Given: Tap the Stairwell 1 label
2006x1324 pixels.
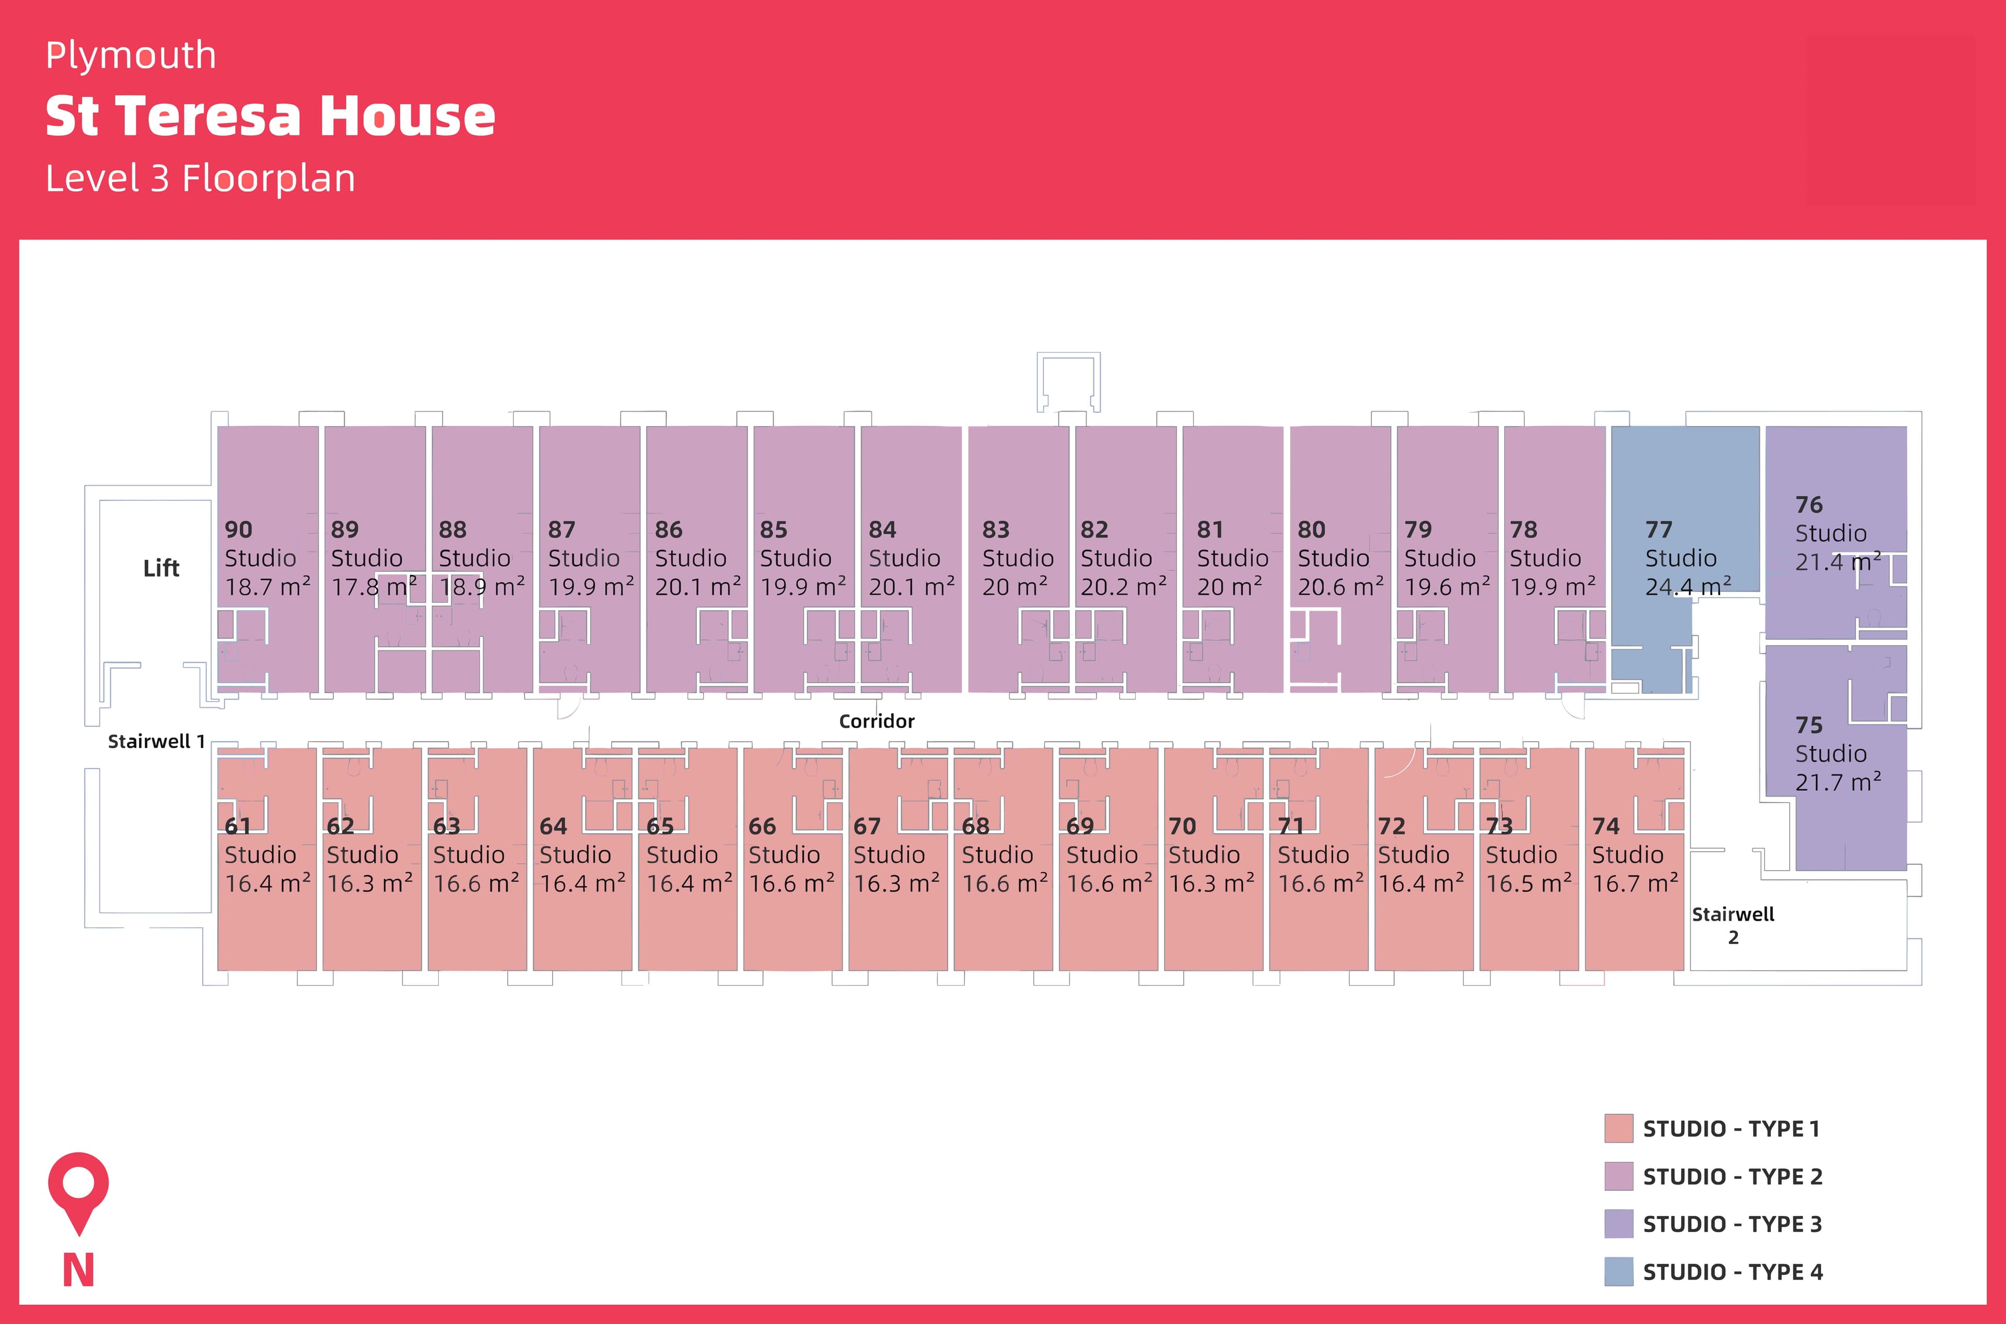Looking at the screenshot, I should (156, 741).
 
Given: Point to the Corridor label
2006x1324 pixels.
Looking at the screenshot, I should (876, 721).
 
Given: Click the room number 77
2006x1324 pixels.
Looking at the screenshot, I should (1658, 530).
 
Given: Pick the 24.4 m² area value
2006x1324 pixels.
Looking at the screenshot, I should (1687, 586).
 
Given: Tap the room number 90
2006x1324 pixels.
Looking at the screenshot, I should (238, 530).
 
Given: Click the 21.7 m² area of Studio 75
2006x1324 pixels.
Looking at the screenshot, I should (1837, 782).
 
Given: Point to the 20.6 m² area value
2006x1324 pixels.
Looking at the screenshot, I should (1340, 586).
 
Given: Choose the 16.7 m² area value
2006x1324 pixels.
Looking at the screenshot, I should (1635, 883).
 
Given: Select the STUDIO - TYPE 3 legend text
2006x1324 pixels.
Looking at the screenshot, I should (1732, 1224).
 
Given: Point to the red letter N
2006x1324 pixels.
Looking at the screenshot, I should (78, 1270).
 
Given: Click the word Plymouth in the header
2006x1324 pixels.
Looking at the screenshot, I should (131, 56).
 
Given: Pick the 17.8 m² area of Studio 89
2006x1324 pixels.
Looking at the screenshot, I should (374, 586).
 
